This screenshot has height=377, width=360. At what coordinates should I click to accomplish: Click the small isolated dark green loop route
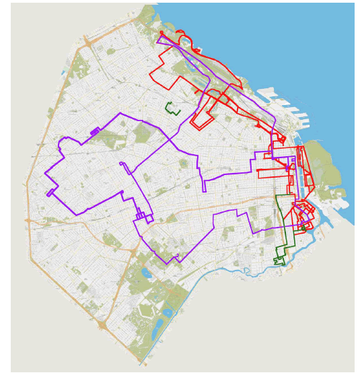coord(172,108)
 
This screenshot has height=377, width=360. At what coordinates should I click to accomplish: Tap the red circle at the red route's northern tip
coord(161,33)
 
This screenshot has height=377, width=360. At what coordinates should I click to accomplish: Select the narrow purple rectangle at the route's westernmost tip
coord(50,193)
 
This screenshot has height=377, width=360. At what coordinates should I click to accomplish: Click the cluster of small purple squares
coord(142,216)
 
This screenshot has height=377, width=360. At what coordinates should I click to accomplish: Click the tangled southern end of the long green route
coord(279,259)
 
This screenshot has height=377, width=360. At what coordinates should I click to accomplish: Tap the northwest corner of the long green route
coord(277,196)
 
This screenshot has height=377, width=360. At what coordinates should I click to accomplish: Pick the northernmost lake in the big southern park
coord(145,273)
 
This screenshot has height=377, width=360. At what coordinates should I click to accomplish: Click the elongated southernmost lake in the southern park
coord(159,330)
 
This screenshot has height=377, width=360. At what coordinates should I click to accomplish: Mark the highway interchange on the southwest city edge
coord(101,325)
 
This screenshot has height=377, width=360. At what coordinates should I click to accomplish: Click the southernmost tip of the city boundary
coord(141,364)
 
